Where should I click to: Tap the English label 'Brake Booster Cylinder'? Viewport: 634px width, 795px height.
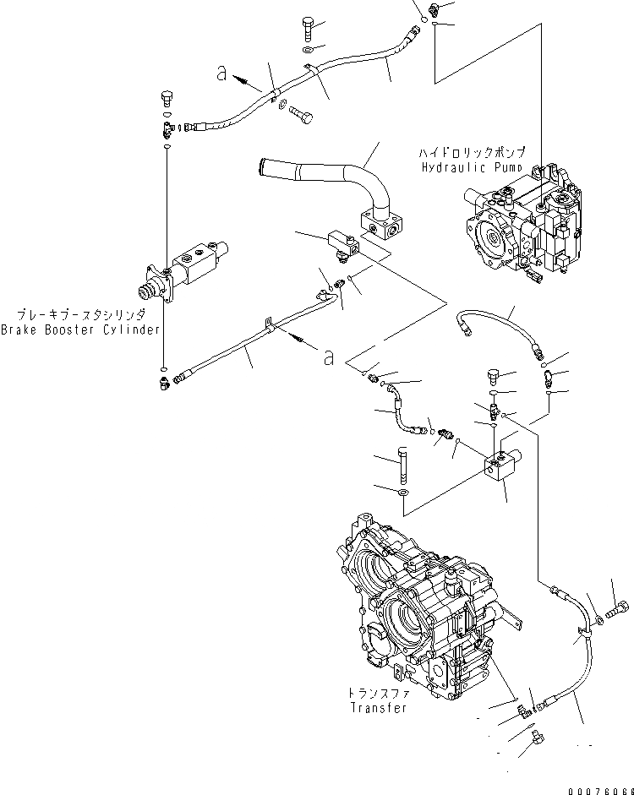click(x=79, y=330)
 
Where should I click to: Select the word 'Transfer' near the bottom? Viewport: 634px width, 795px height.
click(x=378, y=708)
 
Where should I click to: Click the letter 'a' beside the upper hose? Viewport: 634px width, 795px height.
click(x=222, y=75)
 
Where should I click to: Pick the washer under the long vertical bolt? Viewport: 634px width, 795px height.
click(x=404, y=492)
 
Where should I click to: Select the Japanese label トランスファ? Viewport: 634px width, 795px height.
click(x=378, y=693)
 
